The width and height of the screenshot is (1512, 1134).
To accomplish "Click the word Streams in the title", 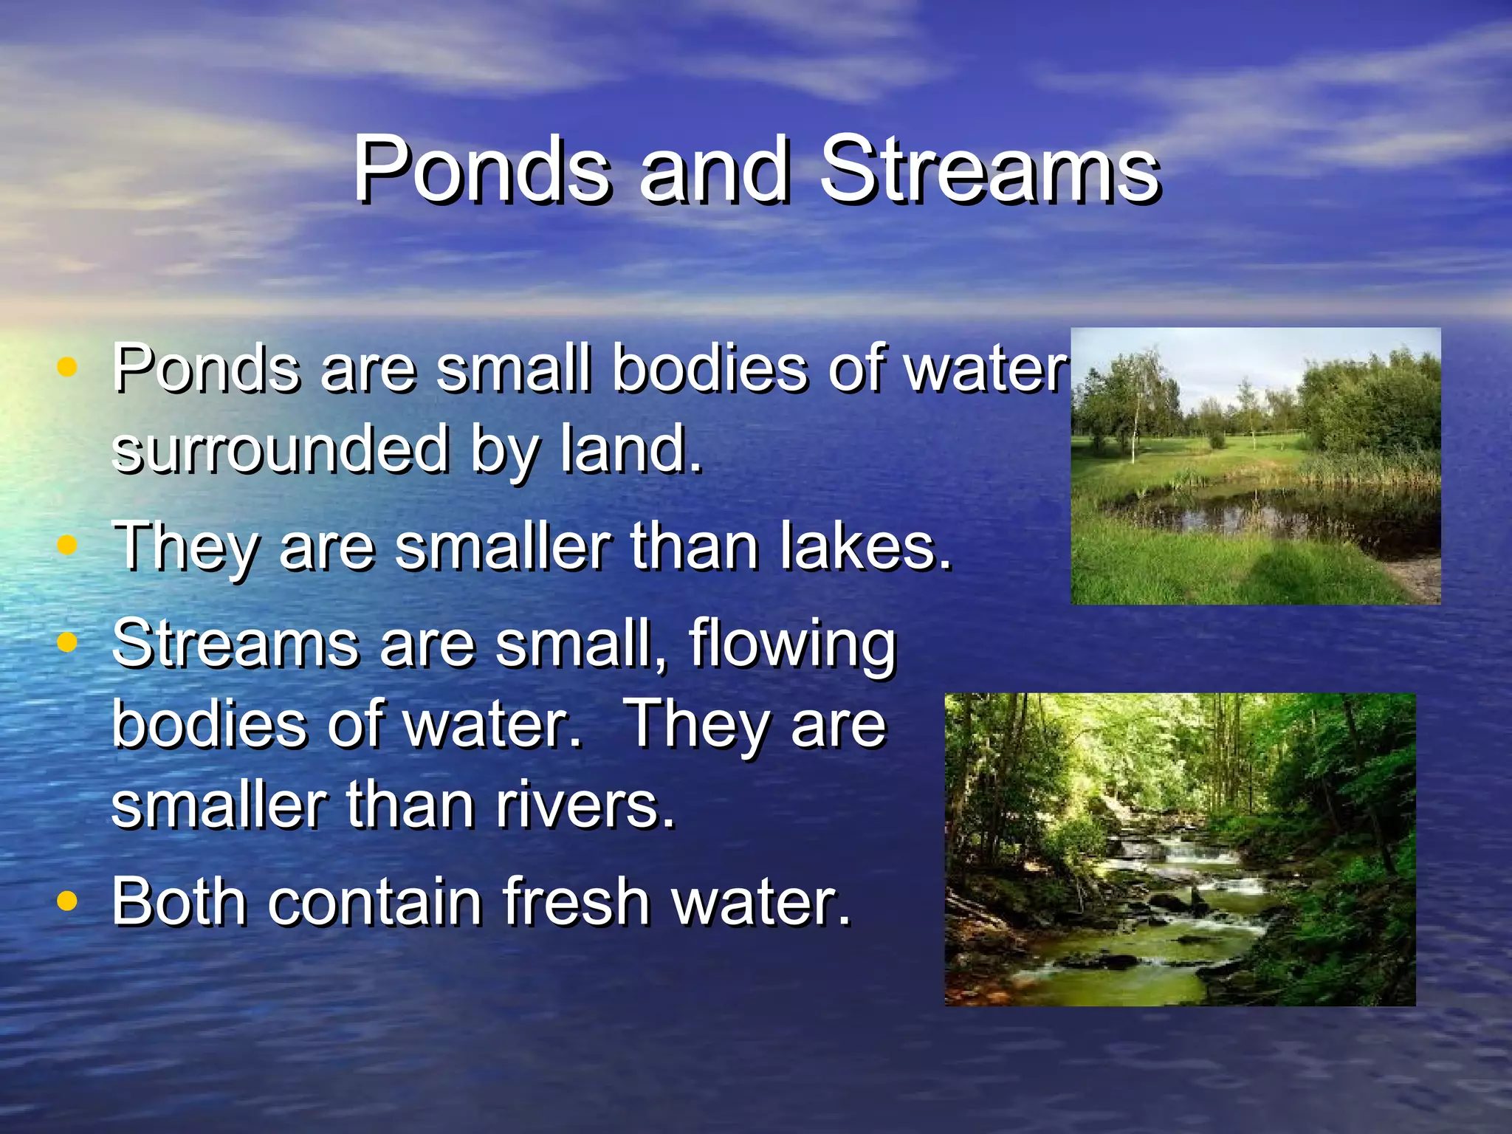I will point(991,171).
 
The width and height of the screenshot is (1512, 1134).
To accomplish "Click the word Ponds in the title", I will point(482,171).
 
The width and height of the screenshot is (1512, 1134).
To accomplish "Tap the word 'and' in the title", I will point(714,171).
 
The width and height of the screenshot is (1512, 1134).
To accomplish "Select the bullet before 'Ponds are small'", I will point(67,367).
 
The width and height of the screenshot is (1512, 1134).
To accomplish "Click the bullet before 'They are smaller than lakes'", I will point(67,546).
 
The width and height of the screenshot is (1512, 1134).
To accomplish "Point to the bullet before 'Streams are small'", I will point(67,642).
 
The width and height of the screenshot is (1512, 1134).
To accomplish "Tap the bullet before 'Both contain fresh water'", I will point(67,901).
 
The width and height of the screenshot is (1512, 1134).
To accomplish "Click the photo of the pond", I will point(1255,466).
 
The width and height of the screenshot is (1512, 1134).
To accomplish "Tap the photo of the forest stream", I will point(1180,849).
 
